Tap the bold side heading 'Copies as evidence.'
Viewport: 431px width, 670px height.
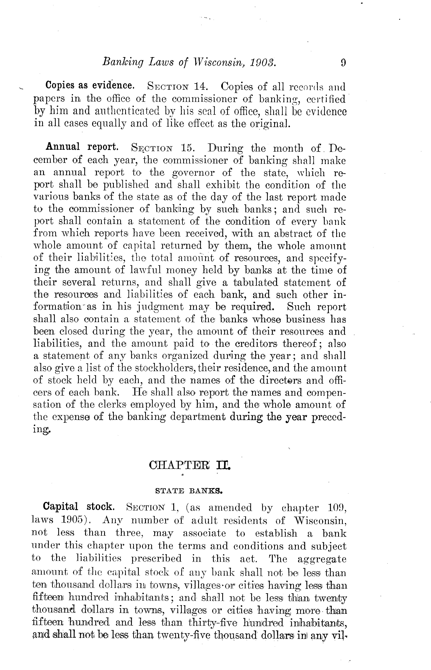click(x=90, y=85)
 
